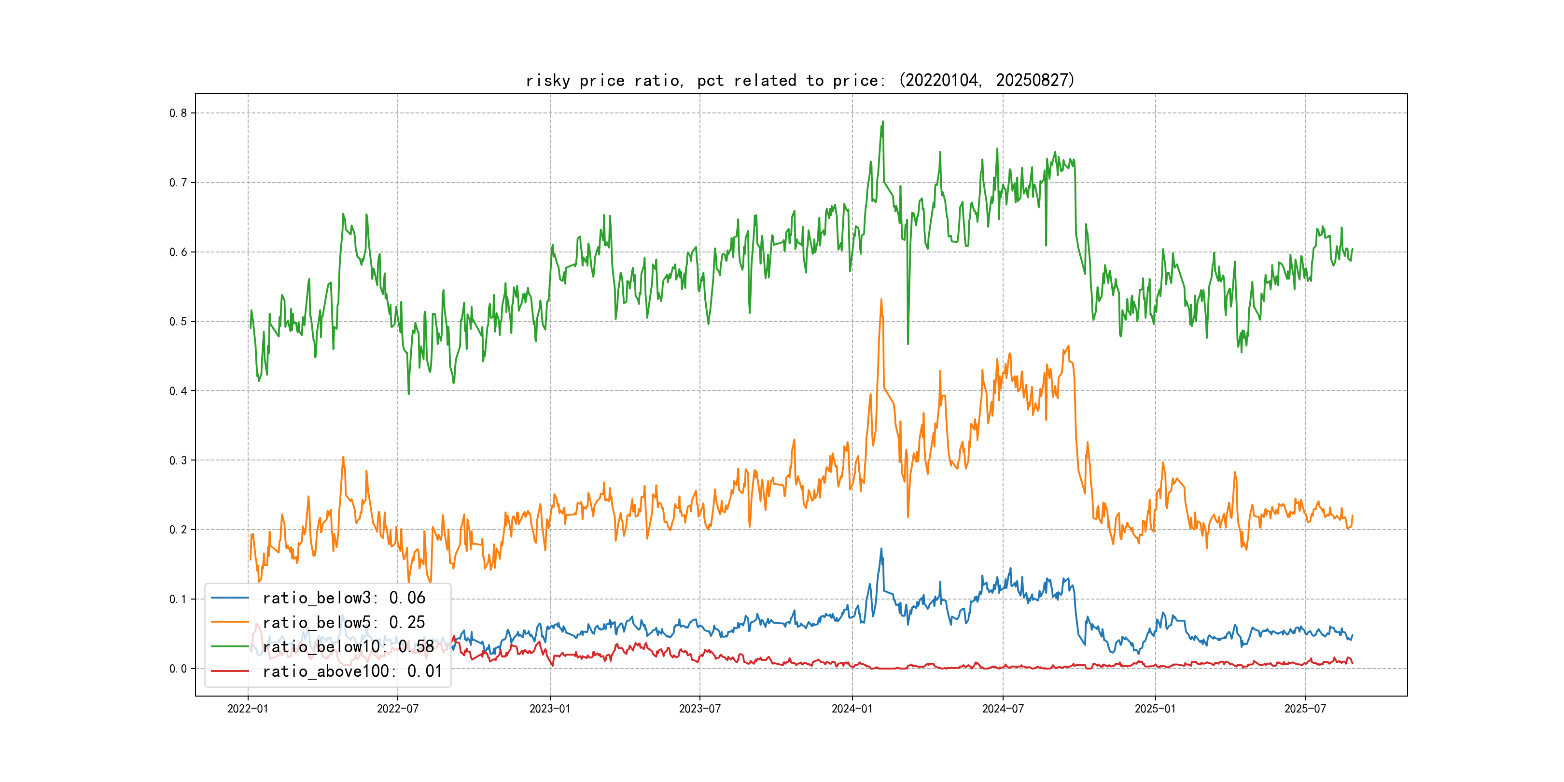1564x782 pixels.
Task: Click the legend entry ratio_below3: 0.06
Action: [344, 598]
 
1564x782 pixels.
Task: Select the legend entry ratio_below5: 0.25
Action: [344, 622]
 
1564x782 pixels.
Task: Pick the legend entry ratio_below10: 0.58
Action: [348, 647]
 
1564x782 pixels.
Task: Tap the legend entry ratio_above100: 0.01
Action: [352, 671]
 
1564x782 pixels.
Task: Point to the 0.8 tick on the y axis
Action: [178, 113]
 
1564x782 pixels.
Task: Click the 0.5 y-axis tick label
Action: [178, 321]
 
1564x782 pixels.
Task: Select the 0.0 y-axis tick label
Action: [178, 669]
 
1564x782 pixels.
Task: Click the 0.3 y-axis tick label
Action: [178, 460]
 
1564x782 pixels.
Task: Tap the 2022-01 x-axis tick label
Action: [248, 709]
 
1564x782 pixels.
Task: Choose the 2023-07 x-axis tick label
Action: [699, 709]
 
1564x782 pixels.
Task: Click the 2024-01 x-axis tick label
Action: [852, 709]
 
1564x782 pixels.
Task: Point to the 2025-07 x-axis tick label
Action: [1305, 709]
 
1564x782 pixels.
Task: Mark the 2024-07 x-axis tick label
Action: [1003, 709]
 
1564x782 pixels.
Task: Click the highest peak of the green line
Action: [883, 122]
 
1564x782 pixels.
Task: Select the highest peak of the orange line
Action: [881, 299]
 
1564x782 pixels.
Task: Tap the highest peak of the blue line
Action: [881, 549]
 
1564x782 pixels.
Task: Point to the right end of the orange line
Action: [1352, 516]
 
